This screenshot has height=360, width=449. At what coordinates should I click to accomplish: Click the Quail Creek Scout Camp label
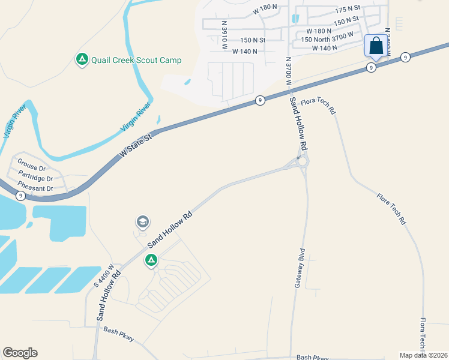point(136,60)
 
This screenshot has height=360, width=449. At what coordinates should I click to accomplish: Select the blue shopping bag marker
point(376,46)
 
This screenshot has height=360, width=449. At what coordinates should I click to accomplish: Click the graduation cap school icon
point(142,222)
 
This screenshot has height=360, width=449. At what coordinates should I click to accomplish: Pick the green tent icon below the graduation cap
point(151,260)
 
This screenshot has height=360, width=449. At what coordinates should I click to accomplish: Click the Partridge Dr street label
point(35,178)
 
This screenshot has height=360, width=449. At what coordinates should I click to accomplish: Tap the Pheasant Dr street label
point(35,189)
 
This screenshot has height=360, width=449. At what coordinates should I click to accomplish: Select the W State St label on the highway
point(136,145)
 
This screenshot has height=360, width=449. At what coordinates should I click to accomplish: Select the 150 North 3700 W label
point(327,39)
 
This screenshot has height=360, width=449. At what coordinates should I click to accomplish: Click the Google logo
point(20,353)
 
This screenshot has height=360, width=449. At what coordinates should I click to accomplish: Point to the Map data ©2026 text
point(424,355)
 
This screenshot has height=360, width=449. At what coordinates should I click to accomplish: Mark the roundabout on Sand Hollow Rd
point(302,161)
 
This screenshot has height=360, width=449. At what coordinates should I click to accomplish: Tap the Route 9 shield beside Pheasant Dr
point(20,196)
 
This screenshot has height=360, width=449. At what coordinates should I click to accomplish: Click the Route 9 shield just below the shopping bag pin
point(372,68)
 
